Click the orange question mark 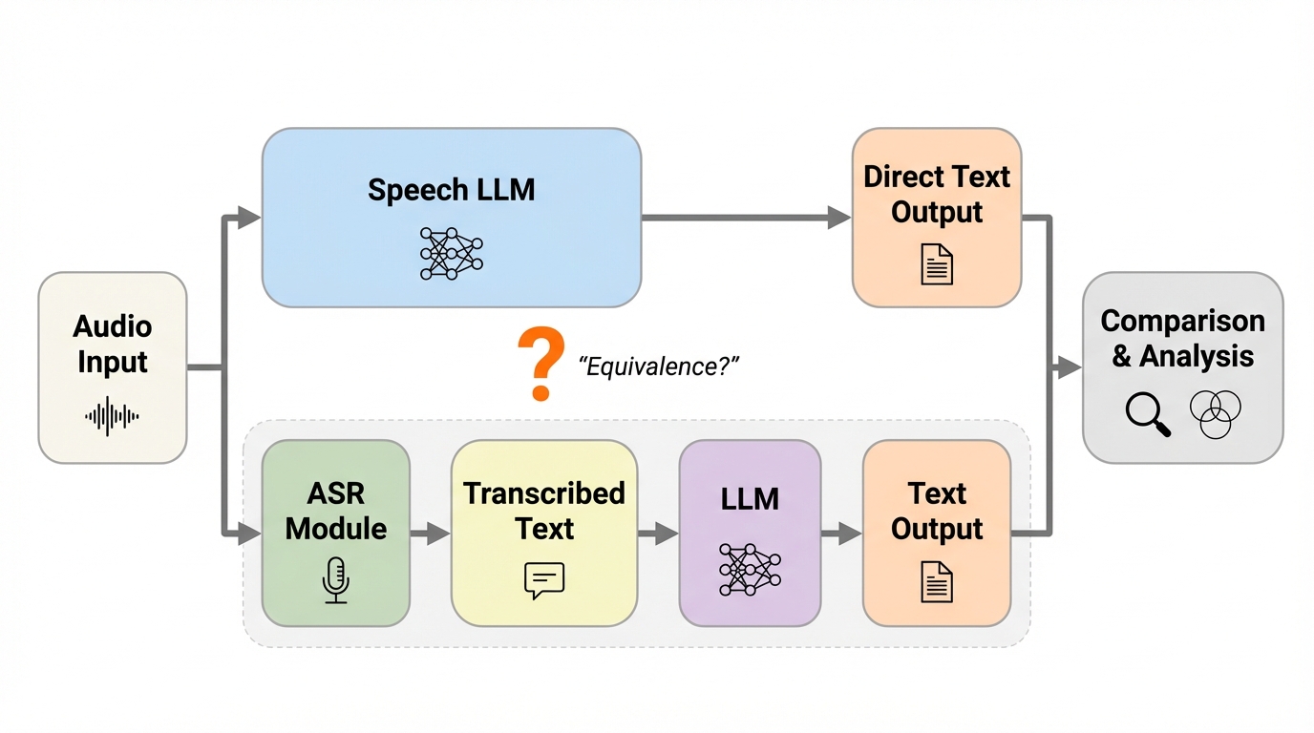[541, 364]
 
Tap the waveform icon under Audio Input [112, 416]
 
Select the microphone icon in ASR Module [335, 580]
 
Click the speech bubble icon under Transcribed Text [544, 580]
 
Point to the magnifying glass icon [1147, 413]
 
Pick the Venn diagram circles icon [1216, 414]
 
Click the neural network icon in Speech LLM [451, 253]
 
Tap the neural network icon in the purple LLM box [749, 570]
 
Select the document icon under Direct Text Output [937, 263]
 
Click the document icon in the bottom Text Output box [937, 581]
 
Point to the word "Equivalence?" [660, 366]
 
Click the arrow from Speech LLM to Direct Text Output [745, 218]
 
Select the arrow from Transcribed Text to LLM [658, 534]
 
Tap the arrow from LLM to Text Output [841, 534]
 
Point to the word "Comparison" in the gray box [1182, 321]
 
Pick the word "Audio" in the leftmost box [113, 326]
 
